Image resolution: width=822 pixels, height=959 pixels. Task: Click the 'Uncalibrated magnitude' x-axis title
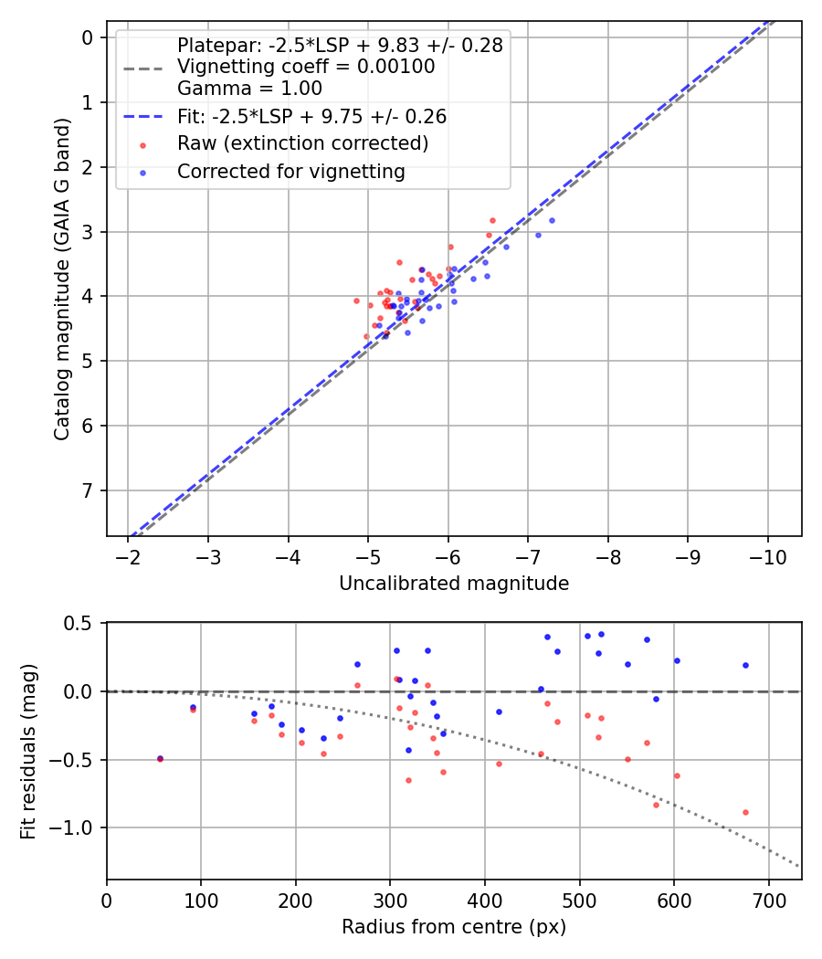(x=454, y=584)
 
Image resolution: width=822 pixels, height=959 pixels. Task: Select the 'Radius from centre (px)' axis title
(x=454, y=927)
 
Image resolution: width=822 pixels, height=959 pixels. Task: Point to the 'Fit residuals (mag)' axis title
(x=28, y=751)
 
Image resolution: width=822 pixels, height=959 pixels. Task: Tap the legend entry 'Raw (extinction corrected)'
(x=302, y=143)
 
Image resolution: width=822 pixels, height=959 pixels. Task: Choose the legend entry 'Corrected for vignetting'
(x=290, y=171)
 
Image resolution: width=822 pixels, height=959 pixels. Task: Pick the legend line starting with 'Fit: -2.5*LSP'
(x=311, y=117)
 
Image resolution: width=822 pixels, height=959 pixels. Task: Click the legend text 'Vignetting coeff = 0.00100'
(x=306, y=67)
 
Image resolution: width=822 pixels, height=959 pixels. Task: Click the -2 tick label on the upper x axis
(x=129, y=557)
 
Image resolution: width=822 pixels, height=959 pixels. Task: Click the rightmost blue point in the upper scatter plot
(x=552, y=220)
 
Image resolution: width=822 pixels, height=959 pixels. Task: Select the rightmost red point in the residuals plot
(x=745, y=812)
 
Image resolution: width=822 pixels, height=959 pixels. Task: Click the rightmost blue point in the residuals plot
(x=745, y=665)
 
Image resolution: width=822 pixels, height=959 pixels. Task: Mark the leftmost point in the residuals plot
(x=160, y=758)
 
